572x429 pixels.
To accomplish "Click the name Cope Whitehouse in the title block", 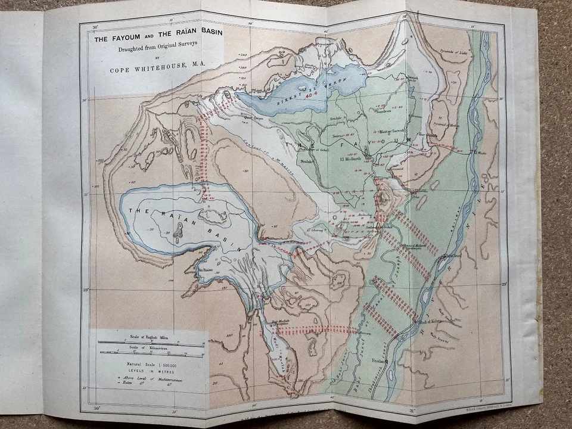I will tap(156, 70).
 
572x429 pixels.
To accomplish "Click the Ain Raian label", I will tap(206, 270).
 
